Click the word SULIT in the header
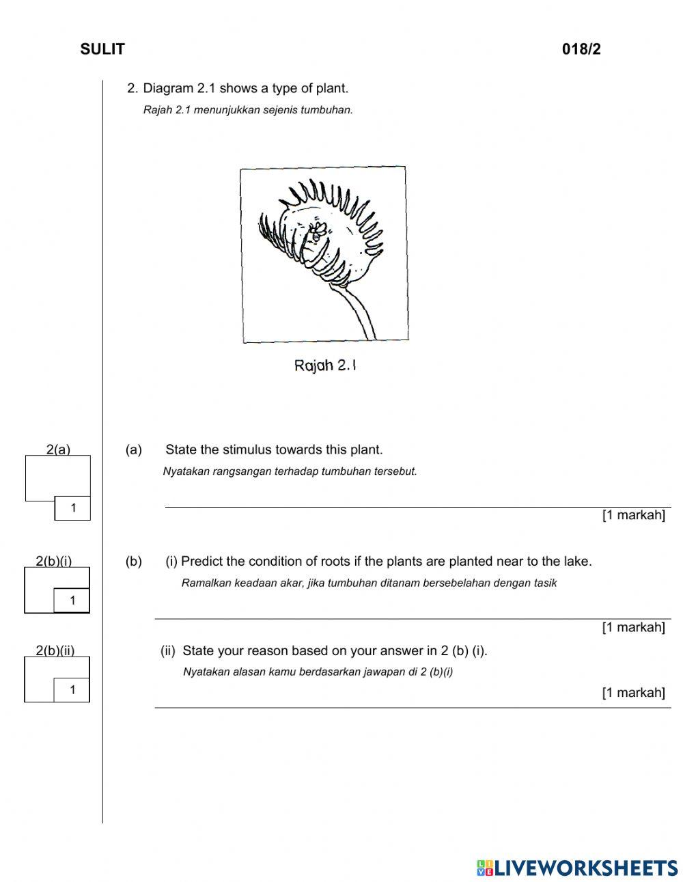click(102, 49)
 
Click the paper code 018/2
click(581, 49)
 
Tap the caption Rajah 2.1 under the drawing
click(325, 366)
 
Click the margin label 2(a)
click(58, 450)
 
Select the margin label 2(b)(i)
click(53, 562)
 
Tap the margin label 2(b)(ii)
click(55, 651)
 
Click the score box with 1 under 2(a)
click(72, 508)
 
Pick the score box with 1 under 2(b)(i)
click(72, 601)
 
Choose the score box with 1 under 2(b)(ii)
click(72, 690)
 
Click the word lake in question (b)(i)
click(577, 562)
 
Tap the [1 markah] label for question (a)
click(633, 515)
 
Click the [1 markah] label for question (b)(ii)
click(633, 693)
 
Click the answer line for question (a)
click(417, 506)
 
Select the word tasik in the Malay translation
click(544, 583)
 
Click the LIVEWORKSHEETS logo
click(577, 868)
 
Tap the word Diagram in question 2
click(168, 88)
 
